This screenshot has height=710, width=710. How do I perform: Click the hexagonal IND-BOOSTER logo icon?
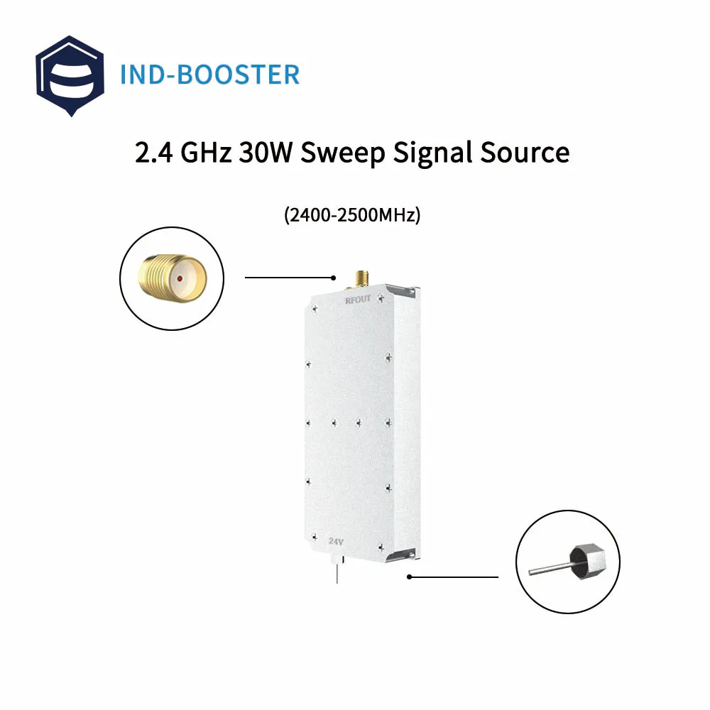70,75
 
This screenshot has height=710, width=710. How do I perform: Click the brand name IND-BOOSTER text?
209,75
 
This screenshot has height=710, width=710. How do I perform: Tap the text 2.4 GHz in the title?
181,153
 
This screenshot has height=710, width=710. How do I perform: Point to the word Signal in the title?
433,153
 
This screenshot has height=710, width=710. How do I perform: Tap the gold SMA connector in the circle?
171,278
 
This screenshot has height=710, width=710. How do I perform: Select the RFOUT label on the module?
358,300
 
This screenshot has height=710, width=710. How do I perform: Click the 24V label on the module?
337,541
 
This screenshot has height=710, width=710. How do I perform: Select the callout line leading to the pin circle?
454,577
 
